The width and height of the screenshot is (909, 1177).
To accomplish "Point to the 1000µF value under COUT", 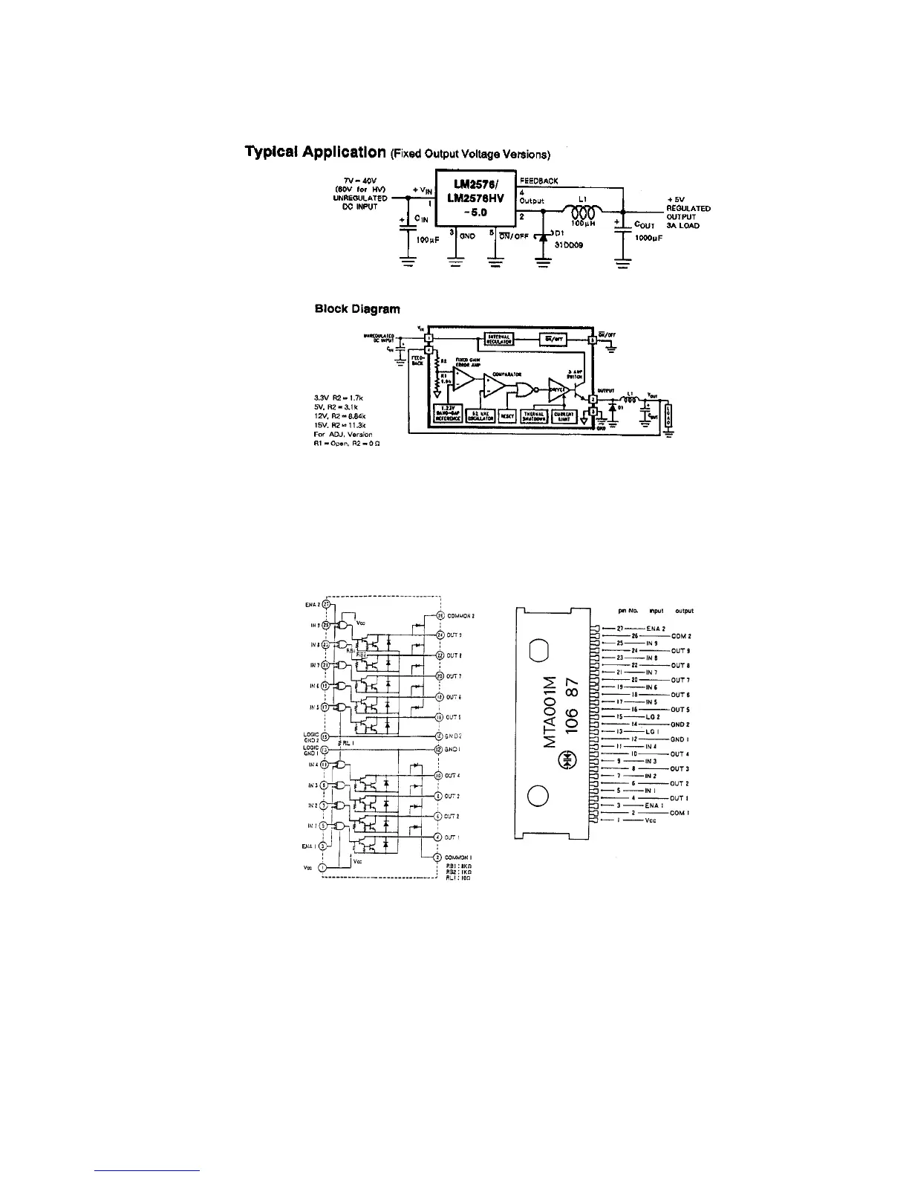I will (648, 239).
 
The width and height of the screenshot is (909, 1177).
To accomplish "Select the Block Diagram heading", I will (357, 309).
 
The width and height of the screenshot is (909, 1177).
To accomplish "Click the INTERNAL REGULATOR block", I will (501, 340).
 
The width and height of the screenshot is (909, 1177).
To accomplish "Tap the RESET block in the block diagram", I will (507, 416).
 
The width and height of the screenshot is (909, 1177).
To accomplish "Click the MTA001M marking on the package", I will (550, 711).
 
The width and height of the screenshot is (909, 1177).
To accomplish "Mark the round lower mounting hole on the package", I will (538, 796).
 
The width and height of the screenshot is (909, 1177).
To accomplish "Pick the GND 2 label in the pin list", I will (680, 724).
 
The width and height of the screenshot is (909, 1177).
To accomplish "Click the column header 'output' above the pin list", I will (684, 611).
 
